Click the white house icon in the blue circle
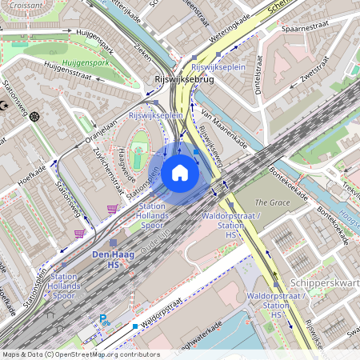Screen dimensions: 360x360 pos(180,172)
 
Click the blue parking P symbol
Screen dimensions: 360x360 pos(102,318)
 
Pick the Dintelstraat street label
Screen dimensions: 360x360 pos(258,74)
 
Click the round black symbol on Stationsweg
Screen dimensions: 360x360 pos(34,117)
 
